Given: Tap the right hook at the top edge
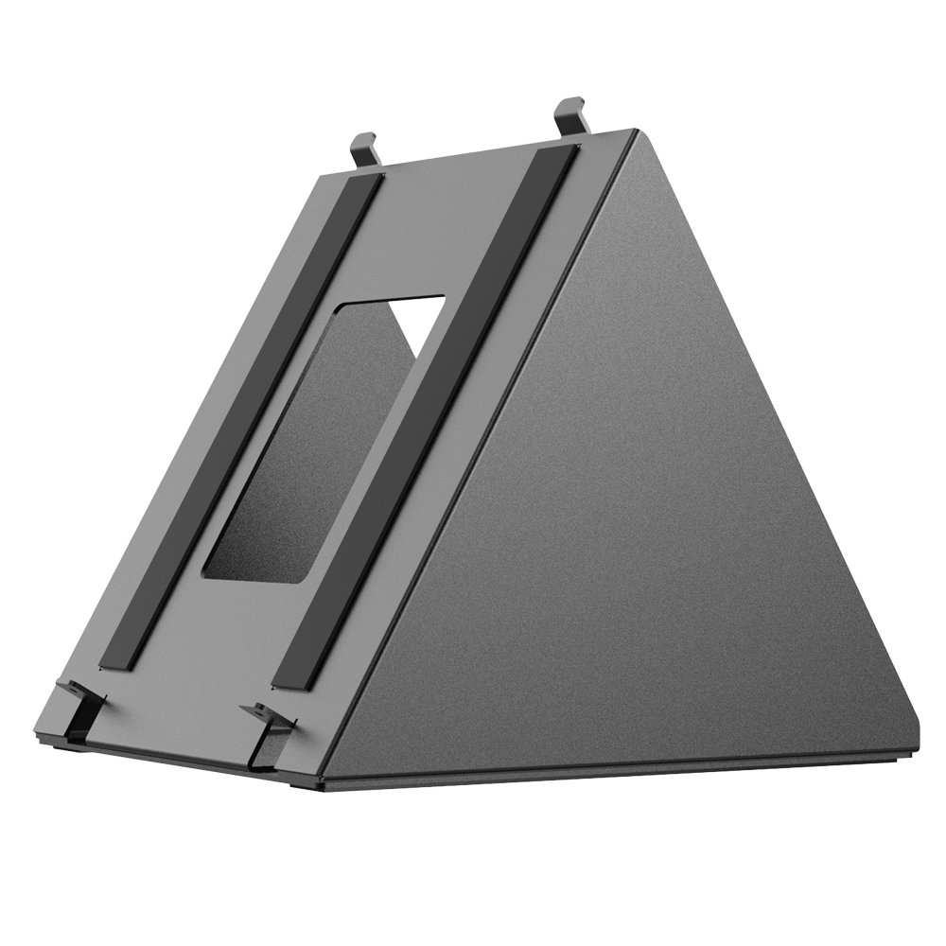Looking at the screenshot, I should pyautogui.click(x=571, y=114).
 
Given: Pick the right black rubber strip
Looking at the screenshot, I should pyautogui.click(x=426, y=416).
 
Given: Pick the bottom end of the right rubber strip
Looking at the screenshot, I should pyautogui.click(x=289, y=681).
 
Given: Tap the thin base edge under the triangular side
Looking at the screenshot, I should pyautogui.click(x=615, y=775).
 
